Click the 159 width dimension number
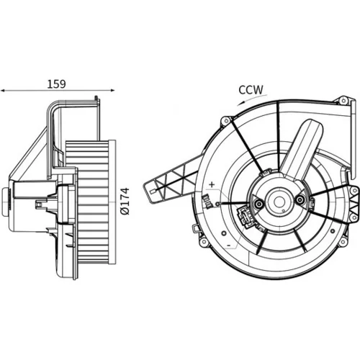(x=56, y=84)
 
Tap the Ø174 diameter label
(x=125, y=202)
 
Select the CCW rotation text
(x=251, y=90)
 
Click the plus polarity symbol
(x=212, y=184)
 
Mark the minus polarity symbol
(x=229, y=246)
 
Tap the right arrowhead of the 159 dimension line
(x=112, y=90)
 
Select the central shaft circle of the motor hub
(x=279, y=202)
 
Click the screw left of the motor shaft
(x=258, y=204)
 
